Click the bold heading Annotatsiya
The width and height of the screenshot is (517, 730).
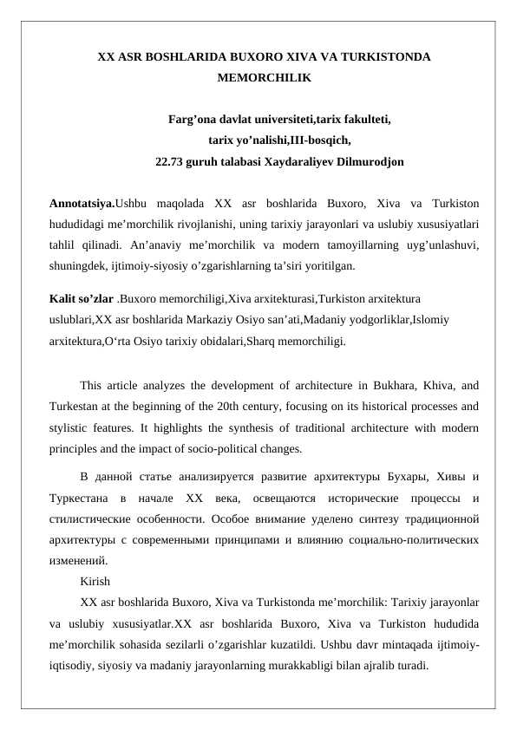[x=82, y=205]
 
